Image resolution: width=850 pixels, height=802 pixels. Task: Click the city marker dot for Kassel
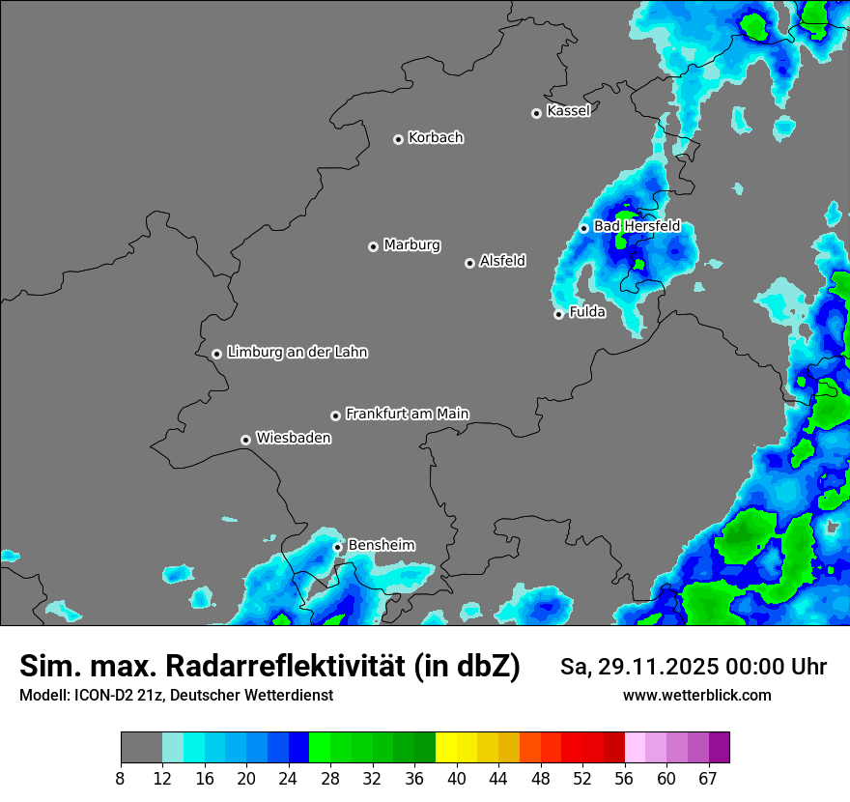tap(536, 113)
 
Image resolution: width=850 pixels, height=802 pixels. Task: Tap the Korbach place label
tap(436, 138)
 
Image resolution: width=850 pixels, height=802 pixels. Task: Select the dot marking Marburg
tap(373, 246)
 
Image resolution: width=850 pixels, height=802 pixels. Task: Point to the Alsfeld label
tap(502, 261)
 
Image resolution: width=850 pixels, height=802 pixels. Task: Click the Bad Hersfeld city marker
tap(583, 228)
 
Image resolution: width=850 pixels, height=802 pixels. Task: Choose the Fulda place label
tap(587, 313)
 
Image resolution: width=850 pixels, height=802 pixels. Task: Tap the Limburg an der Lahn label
tap(297, 353)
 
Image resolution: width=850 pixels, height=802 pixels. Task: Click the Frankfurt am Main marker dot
tap(335, 415)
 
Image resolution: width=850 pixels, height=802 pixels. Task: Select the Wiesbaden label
tap(294, 439)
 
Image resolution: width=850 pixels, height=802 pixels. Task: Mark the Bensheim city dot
tap(337, 547)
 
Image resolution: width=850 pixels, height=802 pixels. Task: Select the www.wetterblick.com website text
tap(697, 696)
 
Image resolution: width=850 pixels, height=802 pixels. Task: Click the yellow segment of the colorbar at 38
tap(445, 748)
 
